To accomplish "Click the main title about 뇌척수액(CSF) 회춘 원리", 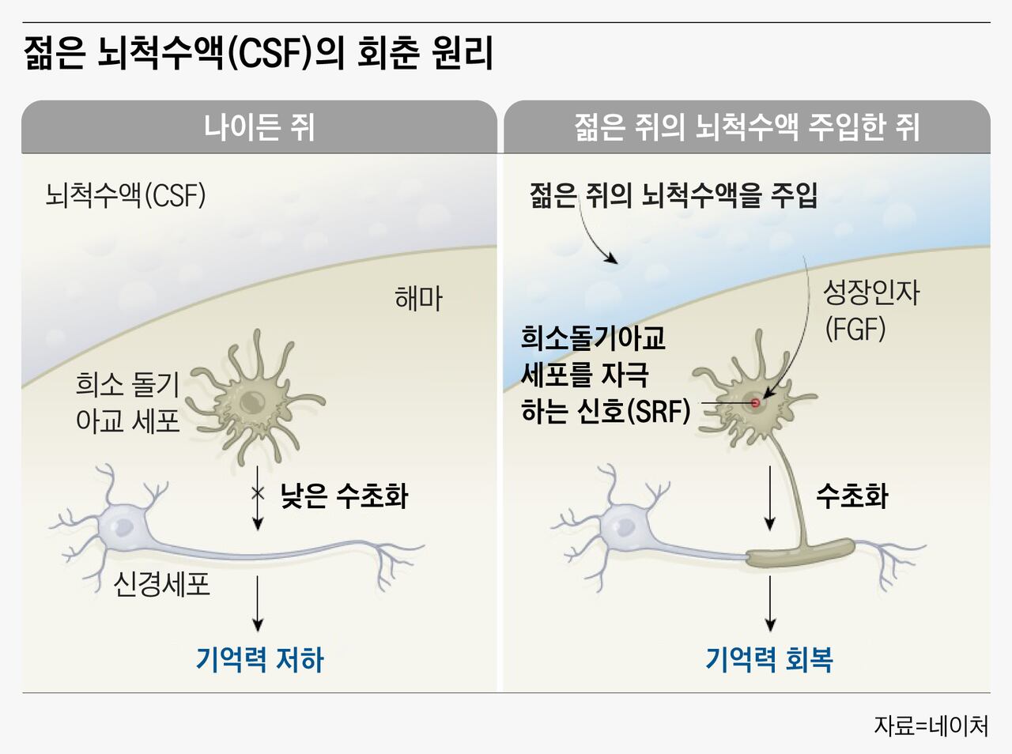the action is (x=259, y=54).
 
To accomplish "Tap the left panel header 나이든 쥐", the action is (x=259, y=128).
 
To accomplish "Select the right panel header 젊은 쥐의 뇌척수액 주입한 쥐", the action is (x=747, y=128).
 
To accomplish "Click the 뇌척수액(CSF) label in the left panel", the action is (x=126, y=195).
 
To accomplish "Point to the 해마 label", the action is (x=418, y=298).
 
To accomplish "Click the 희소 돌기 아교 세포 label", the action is (x=128, y=402).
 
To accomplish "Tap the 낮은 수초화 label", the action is (x=345, y=496).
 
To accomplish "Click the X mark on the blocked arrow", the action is (x=258, y=493).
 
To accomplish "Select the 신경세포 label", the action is (x=161, y=584).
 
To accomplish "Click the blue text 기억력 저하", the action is (x=260, y=659).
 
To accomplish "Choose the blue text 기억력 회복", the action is (x=769, y=659).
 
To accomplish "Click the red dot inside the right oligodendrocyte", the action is (x=755, y=403).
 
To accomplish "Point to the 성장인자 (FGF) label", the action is (x=871, y=311).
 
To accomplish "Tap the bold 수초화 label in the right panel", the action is (x=852, y=496).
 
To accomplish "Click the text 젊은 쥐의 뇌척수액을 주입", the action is (x=674, y=195).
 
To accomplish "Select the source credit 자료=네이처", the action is (x=931, y=726).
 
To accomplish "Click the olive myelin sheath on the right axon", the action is (x=801, y=553).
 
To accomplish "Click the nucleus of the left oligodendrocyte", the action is (x=251, y=400).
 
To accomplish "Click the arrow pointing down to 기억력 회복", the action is (x=769, y=603).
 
